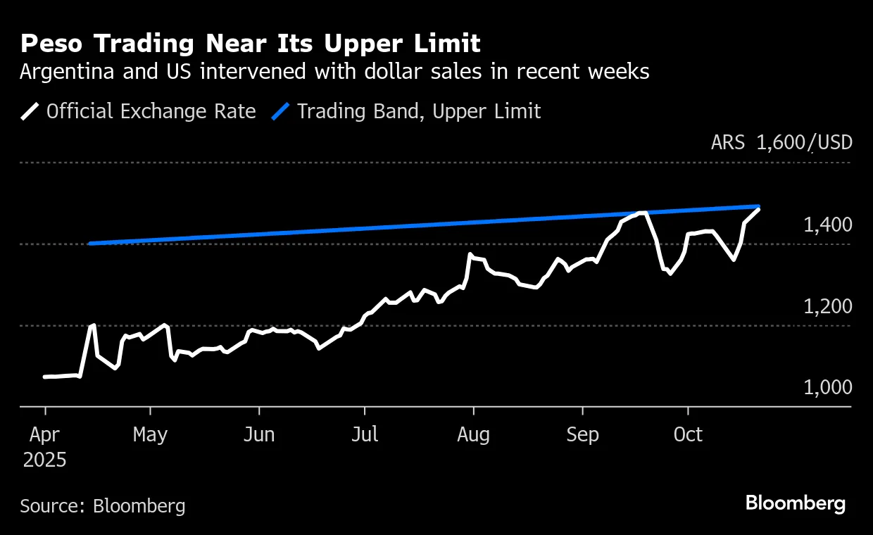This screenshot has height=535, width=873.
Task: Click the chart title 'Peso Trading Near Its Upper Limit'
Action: (250, 44)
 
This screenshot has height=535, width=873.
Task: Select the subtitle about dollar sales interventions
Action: (334, 72)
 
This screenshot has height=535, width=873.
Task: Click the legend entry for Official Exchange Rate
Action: (151, 111)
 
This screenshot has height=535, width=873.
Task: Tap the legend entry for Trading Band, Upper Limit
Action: (419, 111)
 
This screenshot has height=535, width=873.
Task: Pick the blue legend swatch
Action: (281, 111)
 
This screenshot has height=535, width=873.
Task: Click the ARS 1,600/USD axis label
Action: (781, 143)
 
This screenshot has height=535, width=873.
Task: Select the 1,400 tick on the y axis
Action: (828, 225)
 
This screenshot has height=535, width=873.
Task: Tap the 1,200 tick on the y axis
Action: (828, 307)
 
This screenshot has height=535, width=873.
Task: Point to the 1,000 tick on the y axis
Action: (828, 388)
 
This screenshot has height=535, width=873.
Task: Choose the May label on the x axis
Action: (150, 435)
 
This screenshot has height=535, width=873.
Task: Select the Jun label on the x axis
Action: (259, 435)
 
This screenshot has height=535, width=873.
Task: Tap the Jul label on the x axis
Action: (365, 435)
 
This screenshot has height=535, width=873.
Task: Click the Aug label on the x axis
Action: (473, 435)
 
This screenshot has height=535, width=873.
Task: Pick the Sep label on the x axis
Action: (582, 435)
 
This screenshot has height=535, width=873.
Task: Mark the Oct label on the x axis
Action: (688, 435)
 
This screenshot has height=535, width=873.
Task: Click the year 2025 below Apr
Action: (44, 461)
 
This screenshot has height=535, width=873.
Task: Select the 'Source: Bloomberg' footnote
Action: (103, 505)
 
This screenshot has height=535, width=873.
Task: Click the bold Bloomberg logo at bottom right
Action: (796, 504)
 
